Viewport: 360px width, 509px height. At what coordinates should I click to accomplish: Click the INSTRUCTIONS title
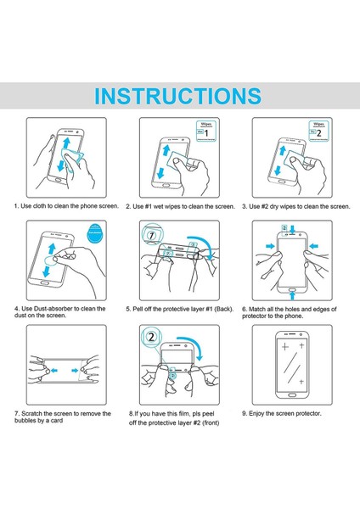coord(178,95)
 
